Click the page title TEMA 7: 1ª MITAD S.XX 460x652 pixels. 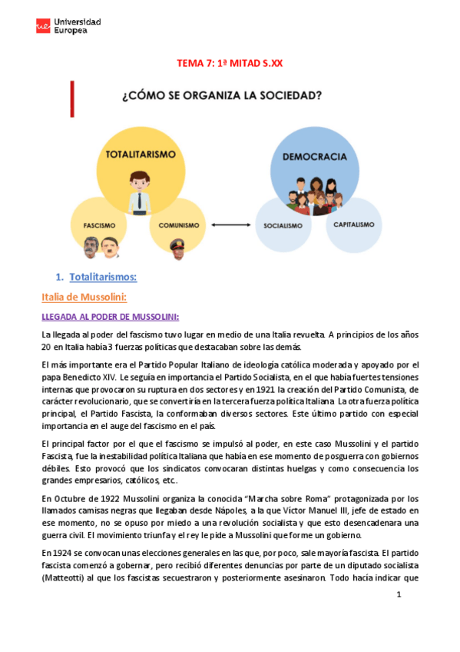point(230,64)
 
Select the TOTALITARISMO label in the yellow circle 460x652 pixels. point(140,155)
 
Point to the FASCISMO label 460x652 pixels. point(99,226)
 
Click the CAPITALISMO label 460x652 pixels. point(354,225)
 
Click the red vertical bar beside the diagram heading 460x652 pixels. point(73,96)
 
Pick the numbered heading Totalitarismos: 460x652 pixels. point(103,276)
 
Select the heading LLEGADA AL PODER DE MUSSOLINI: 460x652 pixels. point(110,316)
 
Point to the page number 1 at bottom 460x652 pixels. point(399,595)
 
